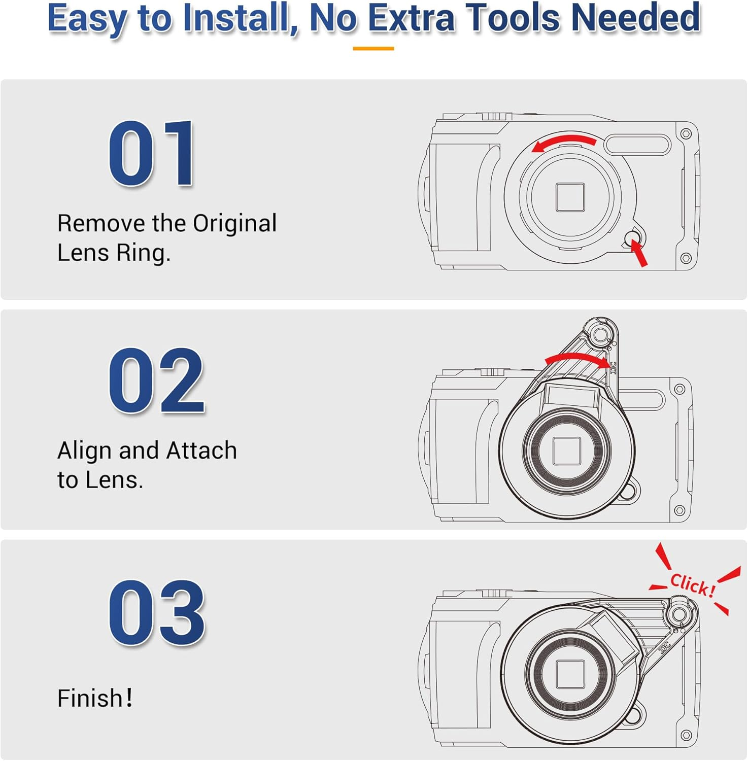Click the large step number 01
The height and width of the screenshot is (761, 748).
pyautogui.click(x=151, y=153)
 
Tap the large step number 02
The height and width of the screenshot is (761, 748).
pyautogui.click(x=156, y=380)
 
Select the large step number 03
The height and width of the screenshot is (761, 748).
pyautogui.click(x=156, y=612)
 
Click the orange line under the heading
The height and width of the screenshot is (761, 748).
pyautogui.click(x=373, y=48)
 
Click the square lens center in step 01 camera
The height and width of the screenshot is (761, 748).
pyautogui.click(x=570, y=197)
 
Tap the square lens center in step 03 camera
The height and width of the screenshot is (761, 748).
pyautogui.click(x=571, y=674)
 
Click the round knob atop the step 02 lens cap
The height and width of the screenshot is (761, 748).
pyautogui.click(x=601, y=334)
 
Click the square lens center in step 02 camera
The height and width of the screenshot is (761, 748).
pyautogui.click(x=566, y=451)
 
